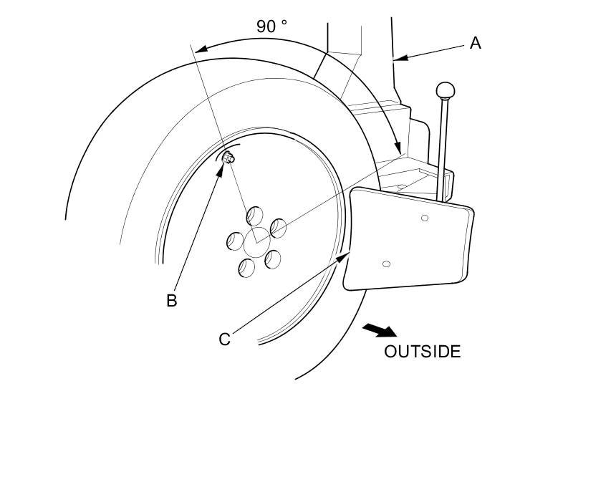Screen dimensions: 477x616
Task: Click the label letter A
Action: pyautogui.click(x=476, y=44)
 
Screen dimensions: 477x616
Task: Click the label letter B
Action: pyautogui.click(x=172, y=301)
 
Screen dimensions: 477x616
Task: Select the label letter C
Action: pyautogui.click(x=225, y=339)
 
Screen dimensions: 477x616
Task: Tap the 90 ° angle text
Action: pyautogui.click(x=272, y=26)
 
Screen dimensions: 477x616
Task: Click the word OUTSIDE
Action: pyautogui.click(x=422, y=352)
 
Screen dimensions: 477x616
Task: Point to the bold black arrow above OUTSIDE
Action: pyautogui.click(x=380, y=330)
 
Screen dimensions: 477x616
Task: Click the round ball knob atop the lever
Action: pyautogui.click(x=446, y=91)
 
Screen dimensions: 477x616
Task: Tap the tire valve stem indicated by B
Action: pyautogui.click(x=229, y=158)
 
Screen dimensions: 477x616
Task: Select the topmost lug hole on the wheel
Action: pyautogui.click(x=255, y=216)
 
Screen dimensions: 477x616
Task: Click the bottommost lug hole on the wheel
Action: pyautogui.click(x=246, y=268)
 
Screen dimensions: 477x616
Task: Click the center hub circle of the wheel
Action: pyautogui.click(x=256, y=244)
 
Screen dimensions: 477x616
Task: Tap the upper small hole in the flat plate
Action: pyautogui.click(x=425, y=218)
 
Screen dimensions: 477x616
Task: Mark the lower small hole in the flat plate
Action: pyautogui.click(x=387, y=264)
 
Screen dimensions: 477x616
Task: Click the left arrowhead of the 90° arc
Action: pyautogui.click(x=200, y=49)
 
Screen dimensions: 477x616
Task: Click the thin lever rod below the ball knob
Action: pyautogui.click(x=442, y=150)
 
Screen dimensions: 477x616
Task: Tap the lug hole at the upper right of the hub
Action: pyautogui.click(x=277, y=228)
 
